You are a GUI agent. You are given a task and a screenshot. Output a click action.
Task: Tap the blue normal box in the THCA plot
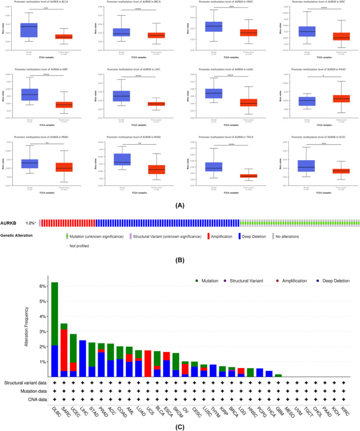click(214, 167)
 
